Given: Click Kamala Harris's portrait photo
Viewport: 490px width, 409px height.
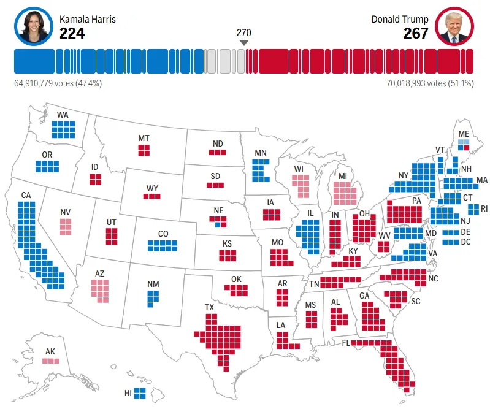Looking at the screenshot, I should coord(33,26).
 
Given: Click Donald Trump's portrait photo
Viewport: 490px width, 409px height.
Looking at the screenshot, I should coord(454,26).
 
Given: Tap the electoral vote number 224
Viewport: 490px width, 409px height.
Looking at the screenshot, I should coord(72,33).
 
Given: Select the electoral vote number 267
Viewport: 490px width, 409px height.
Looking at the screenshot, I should coord(416,33).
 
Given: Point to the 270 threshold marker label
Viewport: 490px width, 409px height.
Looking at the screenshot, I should coord(244,33).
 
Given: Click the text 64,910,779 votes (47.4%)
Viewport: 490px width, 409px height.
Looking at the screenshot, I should coord(58,83).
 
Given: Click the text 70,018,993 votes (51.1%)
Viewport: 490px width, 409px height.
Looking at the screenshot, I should coord(430,83).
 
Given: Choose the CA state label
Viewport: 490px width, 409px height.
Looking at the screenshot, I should coord(26,196).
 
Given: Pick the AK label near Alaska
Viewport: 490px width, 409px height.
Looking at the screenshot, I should coord(50,352).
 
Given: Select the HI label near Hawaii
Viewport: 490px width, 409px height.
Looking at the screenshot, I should coord(128,392).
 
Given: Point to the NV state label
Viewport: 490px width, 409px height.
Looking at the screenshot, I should coord(66,213).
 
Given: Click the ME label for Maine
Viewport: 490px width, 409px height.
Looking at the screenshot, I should coord(464,133).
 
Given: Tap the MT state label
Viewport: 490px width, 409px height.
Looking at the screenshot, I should coord(144,138).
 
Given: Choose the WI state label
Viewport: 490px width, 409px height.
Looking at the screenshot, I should coord(299,168).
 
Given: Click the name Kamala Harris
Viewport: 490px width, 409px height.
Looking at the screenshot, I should coord(88,20).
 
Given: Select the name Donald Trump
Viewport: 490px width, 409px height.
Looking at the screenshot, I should coord(400,20).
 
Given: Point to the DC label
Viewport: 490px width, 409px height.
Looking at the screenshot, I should coord(465,241).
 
